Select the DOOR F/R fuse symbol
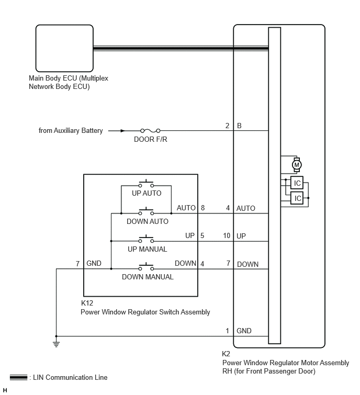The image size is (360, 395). coord(150,130)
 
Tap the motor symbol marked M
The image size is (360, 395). coord(297,165)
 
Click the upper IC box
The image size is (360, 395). coord(297,183)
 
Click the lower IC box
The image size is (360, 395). coord(297,198)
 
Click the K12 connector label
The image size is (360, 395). coord(87,303)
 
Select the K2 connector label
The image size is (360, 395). coord(226,354)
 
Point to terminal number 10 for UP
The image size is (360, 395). coord(227,235)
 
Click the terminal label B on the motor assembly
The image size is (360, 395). coord(239,126)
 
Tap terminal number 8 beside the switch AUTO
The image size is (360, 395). coord(203,208)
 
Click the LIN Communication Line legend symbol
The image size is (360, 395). coord(18,377)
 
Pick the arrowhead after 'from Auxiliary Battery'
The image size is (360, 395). coord(122,130)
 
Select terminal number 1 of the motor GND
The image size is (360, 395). coord(227,331)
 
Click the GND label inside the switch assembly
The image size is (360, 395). coord(94,263)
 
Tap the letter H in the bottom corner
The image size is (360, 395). coord(5,390)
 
